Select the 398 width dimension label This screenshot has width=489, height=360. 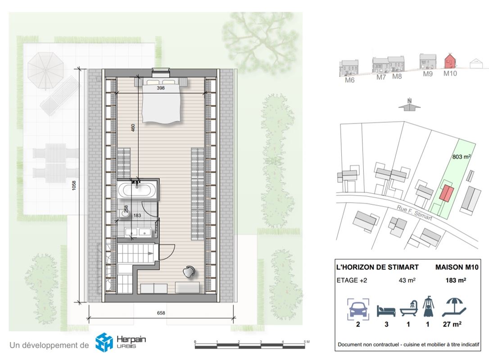coord(161,88)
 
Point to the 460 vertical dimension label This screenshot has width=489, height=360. coord(133,128)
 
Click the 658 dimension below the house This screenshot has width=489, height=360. coord(161,313)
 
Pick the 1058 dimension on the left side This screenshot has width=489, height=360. coord(74,185)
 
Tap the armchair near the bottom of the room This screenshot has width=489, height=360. coord(189,271)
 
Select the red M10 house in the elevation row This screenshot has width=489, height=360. coord(450,61)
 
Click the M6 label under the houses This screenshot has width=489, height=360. coord(349,80)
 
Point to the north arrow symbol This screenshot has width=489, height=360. coord(409,104)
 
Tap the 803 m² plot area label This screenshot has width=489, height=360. coord(462,157)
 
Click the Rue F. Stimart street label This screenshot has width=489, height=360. coord(414,212)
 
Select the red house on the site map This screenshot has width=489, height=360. coord(446,193)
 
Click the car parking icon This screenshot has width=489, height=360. coord(358,309)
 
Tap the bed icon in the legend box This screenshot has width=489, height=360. coord(386,311)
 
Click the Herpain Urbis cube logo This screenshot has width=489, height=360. coord(104,342)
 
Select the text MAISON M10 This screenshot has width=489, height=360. coord(457,267)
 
